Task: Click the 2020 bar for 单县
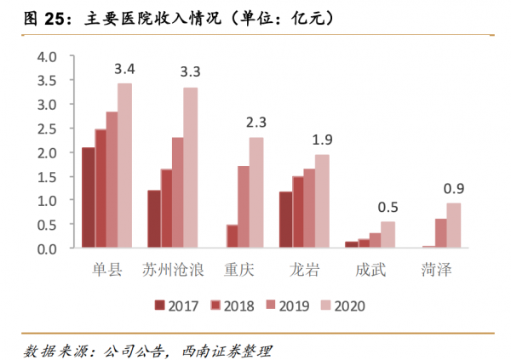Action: coord(125,166)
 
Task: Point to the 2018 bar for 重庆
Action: coord(231,237)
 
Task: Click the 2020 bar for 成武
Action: coord(388,235)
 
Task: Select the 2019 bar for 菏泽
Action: coord(440,233)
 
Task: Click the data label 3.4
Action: coord(125,68)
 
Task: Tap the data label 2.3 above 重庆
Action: coord(255,123)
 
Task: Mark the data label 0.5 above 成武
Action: coord(388,208)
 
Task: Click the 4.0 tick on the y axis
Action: coord(45,56)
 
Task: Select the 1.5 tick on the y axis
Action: coord(45,176)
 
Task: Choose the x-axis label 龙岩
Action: coord(303,270)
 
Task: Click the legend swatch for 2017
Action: coord(159,306)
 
